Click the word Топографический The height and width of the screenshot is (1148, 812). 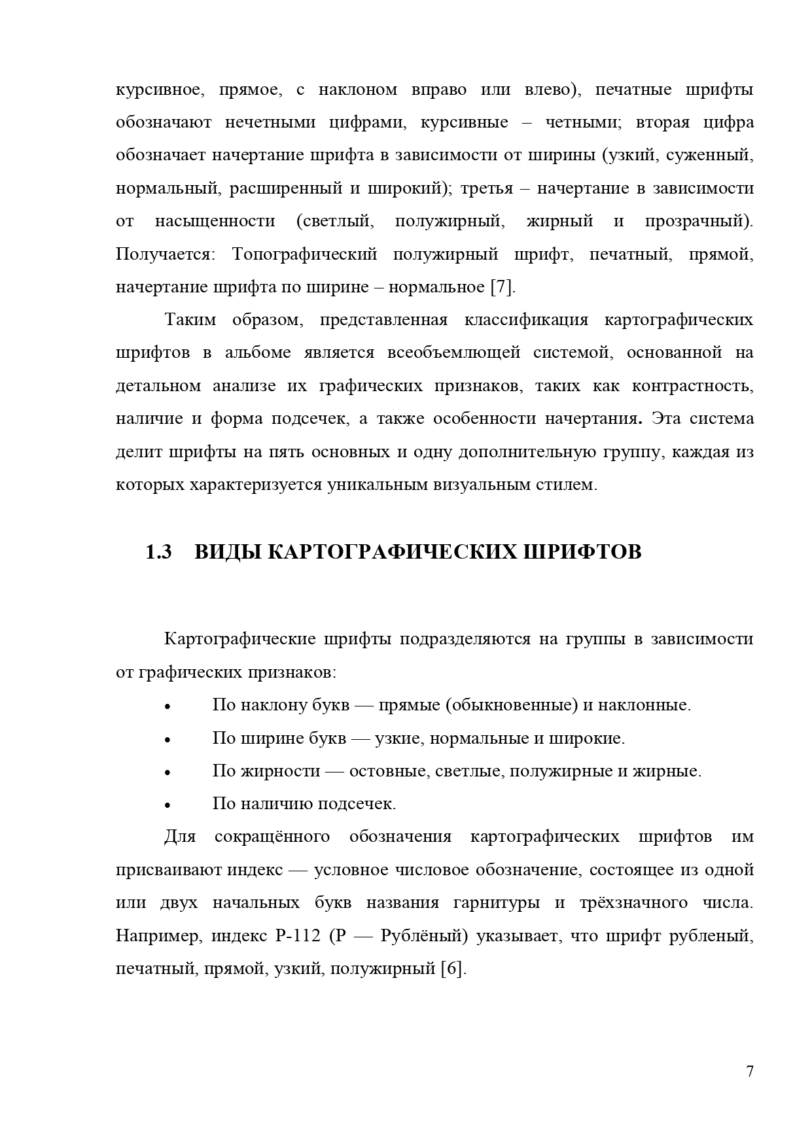click(304, 254)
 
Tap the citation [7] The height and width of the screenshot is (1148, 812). click(503, 287)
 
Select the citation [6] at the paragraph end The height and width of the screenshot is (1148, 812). click(453, 969)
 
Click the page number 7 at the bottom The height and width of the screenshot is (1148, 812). click(750, 1071)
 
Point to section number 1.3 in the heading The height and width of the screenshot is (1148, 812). click(158, 552)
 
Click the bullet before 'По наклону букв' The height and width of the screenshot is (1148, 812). click(168, 707)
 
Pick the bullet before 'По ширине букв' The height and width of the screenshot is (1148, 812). click(168, 740)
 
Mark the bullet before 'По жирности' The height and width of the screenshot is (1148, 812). click(168, 773)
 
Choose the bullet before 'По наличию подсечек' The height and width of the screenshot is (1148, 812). click(168, 805)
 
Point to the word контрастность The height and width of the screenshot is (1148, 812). click(692, 386)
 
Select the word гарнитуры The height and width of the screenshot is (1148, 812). click(497, 903)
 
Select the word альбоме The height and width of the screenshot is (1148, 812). click(258, 353)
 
